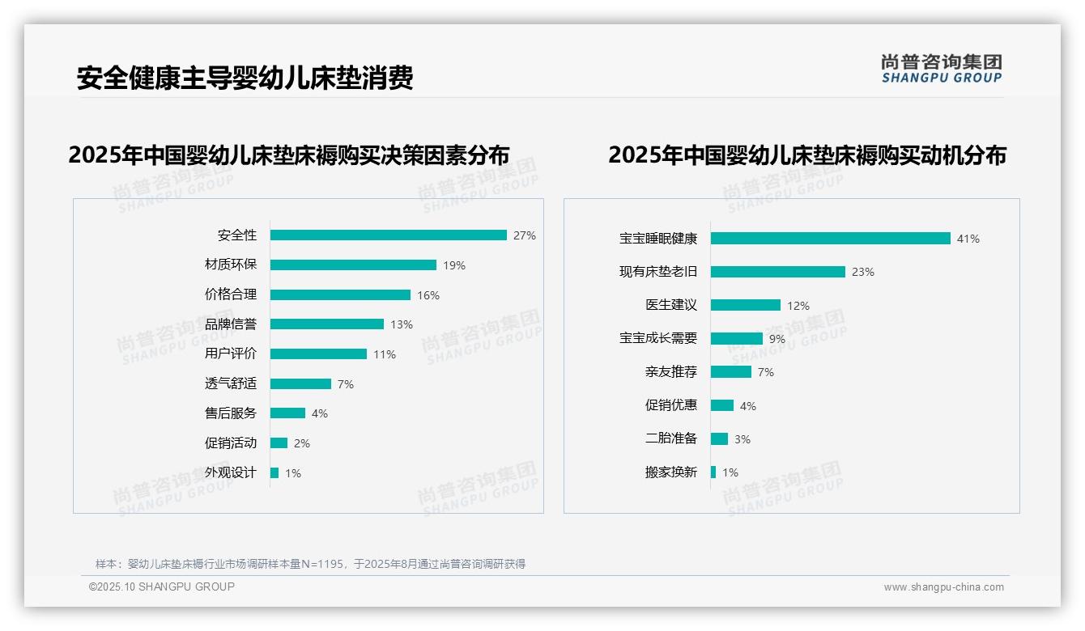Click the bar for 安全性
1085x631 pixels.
[388, 235]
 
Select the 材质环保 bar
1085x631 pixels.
[353, 265]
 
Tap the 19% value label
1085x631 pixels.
[454, 265]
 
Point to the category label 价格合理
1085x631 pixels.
[230, 294]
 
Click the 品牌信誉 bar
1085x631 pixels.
[327, 324]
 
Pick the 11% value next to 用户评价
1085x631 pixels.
[385, 354]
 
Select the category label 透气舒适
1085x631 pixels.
[230, 383]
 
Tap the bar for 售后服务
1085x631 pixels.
[287, 413]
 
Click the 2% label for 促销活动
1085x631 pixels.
[301, 443]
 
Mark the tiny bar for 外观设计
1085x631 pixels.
[274, 473]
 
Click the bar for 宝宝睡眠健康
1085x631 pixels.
[830, 239]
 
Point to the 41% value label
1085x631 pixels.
[968, 239]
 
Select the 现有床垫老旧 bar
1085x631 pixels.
[777, 272]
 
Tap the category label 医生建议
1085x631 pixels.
[670, 305]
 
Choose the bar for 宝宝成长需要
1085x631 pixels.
[736, 339]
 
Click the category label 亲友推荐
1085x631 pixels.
[670, 372]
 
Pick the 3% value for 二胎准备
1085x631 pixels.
[742, 439]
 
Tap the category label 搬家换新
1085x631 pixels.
[670, 472]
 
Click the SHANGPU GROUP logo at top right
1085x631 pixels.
[942, 69]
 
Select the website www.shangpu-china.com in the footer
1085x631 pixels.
[943, 587]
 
